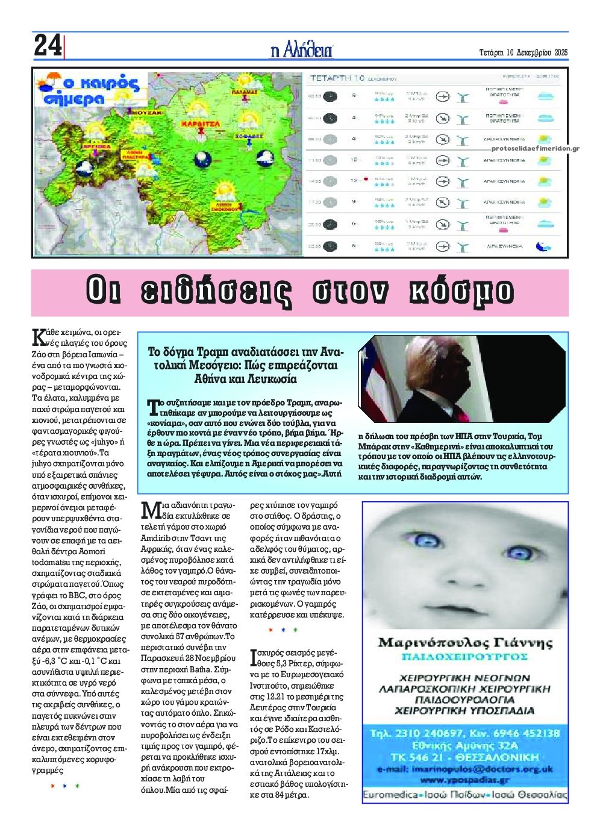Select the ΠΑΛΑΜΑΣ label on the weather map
tap(245, 92)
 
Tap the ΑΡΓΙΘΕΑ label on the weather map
tap(98, 146)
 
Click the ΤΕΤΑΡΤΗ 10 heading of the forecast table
tap(337, 78)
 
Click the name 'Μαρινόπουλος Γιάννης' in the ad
tap(465, 642)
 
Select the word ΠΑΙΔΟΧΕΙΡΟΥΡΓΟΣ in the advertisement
tap(465, 655)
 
